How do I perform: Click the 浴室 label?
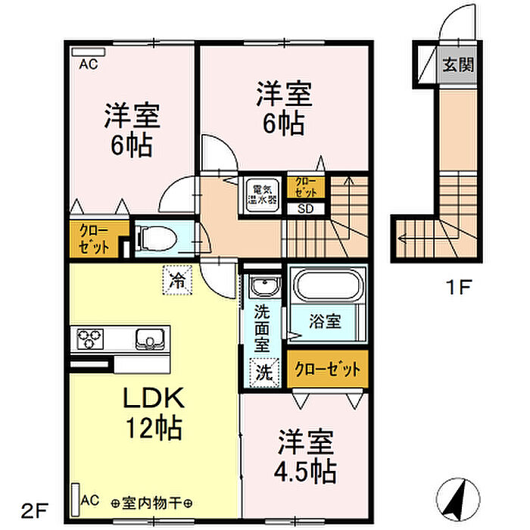click(325, 321)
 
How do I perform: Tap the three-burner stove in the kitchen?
click(91, 338)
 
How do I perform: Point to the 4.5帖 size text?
click(306, 472)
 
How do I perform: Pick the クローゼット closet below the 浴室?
click(326, 370)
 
